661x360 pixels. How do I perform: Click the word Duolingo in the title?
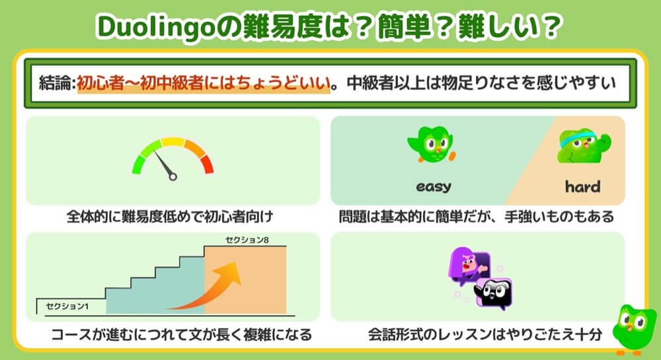click(x=156, y=27)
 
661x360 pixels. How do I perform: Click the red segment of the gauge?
click(x=207, y=164)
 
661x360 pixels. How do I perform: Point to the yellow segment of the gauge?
click(x=173, y=141)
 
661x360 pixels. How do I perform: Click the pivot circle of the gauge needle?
click(x=173, y=177)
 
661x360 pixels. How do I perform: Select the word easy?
click(x=434, y=186)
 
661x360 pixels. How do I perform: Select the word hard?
click(x=582, y=186)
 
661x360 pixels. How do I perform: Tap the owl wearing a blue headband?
click(x=584, y=146)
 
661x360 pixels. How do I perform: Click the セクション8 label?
click(x=247, y=240)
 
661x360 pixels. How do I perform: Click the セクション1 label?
click(x=67, y=306)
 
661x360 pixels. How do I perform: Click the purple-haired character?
click(x=468, y=266)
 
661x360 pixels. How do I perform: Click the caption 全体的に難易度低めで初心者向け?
click(x=170, y=217)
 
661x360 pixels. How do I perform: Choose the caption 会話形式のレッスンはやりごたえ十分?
click(x=485, y=335)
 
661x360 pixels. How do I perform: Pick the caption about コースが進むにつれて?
click(x=182, y=335)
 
